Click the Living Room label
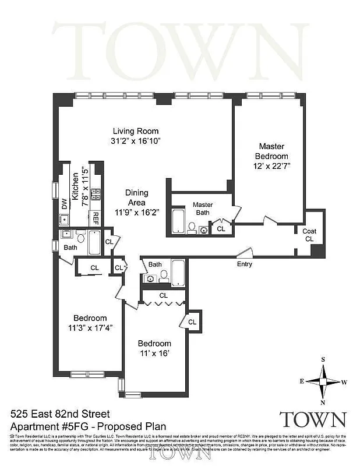click(x=136, y=131)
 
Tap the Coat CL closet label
click(x=309, y=235)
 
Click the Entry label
click(x=244, y=264)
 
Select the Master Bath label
click(x=203, y=209)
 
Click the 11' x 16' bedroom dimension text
click(x=154, y=352)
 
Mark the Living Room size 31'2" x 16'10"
click(x=136, y=140)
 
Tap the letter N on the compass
click(x=323, y=402)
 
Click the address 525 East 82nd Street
click(x=60, y=414)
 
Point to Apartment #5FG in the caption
click(x=44, y=425)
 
